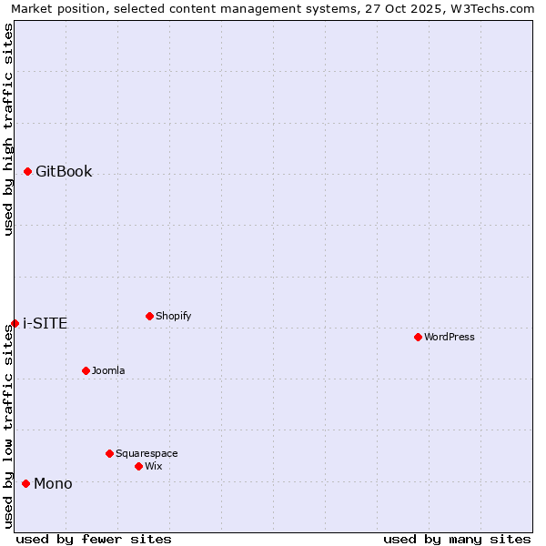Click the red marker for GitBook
pyautogui.click(x=27, y=171)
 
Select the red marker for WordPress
pyautogui.click(x=418, y=337)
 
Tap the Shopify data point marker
pyautogui.click(x=149, y=316)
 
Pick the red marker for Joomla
pyautogui.click(x=86, y=370)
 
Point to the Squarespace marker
pyautogui.click(x=109, y=453)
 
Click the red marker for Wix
pyautogui.click(x=138, y=466)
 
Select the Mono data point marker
pyautogui.click(x=25, y=483)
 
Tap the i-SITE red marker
pyautogui.click(x=15, y=323)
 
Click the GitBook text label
pyautogui.click(x=64, y=172)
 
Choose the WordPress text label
pyautogui.click(x=450, y=337)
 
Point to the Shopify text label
pyautogui.click(x=173, y=316)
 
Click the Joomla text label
pyautogui.click(x=108, y=370)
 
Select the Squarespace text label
pyautogui.click(x=147, y=453)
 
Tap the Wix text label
pyautogui.click(x=154, y=466)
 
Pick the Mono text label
pyautogui.click(x=53, y=484)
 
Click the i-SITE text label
pyautogui.click(x=45, y=324)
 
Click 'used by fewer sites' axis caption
pyautogui.click(x=94, y=539)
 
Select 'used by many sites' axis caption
pyautogui.click(x=457, y=539)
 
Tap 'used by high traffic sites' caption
pyautogui.click(x=8, y=129)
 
